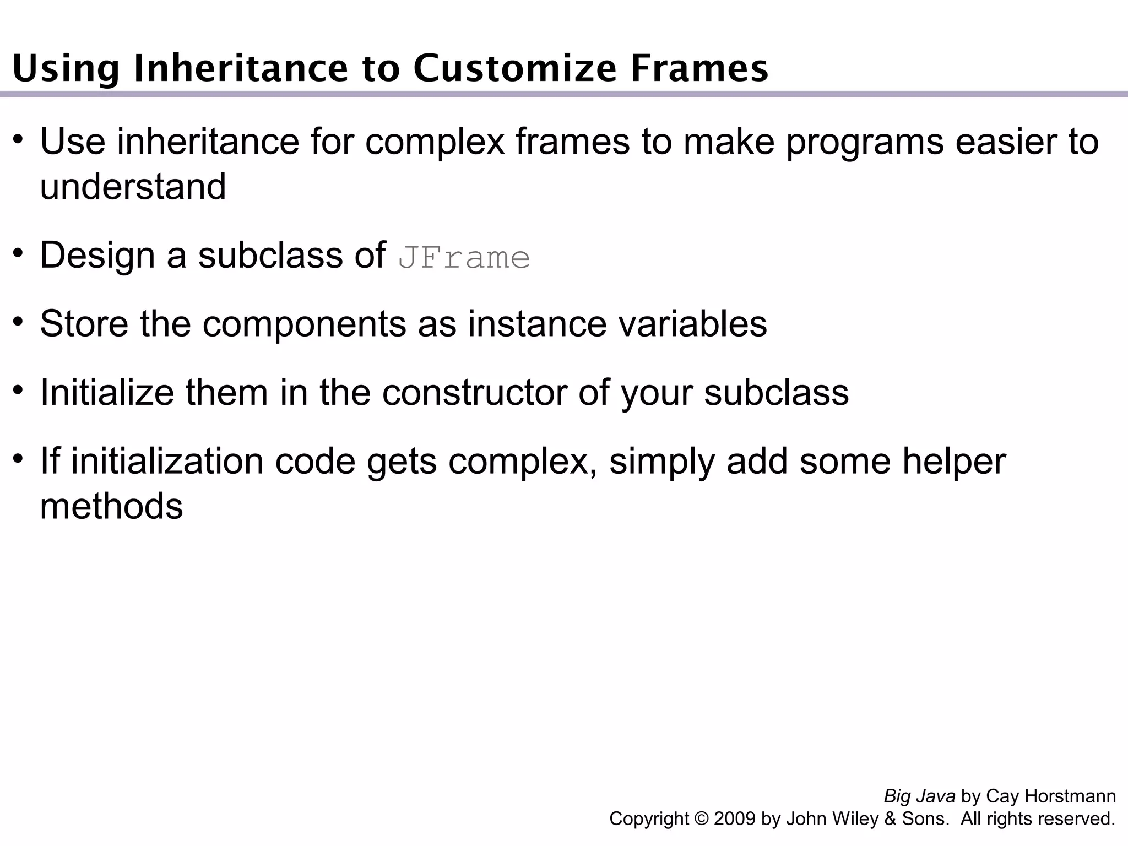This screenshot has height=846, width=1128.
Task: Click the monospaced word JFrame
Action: coord(464,258)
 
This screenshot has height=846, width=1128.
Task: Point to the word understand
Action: coord(133,186)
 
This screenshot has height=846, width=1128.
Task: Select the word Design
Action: coord(97,257)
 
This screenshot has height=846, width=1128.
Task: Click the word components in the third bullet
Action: coord(304,325)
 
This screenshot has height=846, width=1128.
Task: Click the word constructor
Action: coord(474,393)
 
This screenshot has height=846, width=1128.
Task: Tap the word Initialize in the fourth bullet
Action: coord(107,393)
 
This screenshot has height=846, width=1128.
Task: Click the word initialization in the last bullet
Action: coord(167,462)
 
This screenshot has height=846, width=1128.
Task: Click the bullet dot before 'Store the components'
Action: coord(19,321)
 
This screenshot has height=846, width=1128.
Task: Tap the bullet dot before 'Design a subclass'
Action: coord(19,253)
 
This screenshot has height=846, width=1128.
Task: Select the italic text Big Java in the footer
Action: coord(919,796)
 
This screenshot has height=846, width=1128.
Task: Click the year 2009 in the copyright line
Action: coord(735,819)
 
